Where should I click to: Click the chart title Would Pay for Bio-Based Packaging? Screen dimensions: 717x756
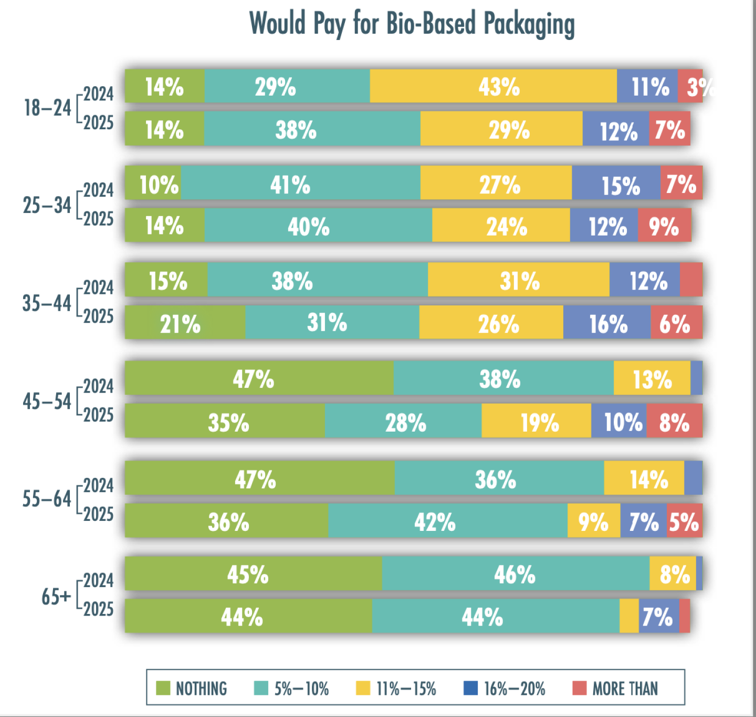click(412, 24)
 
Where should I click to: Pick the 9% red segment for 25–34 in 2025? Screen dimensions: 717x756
click(664, 226)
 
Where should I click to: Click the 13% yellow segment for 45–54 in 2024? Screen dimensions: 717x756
click(652, 378)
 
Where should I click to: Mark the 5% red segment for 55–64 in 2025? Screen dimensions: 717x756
click(684, 521)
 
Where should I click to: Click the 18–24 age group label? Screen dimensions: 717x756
click(47, 108)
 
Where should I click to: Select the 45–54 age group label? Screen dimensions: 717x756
click(47, 402)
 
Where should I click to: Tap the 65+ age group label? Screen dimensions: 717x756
click(56, 597)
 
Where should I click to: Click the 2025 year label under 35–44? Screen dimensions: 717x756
click(98, 316)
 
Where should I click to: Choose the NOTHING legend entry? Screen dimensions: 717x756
click(192, 688)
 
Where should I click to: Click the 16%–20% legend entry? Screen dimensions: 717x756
click(505, 688)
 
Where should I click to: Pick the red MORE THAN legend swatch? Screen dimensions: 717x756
click(579, 688)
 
